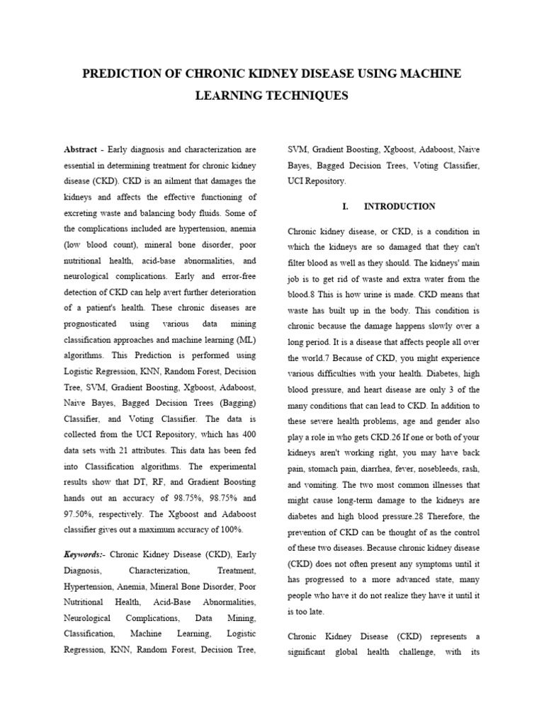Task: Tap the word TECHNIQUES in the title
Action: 309,96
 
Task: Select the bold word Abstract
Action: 81,150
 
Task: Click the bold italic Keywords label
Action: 84,554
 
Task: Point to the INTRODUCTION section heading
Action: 399,207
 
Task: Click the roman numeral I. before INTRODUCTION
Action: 346,207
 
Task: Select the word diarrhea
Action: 392,469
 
